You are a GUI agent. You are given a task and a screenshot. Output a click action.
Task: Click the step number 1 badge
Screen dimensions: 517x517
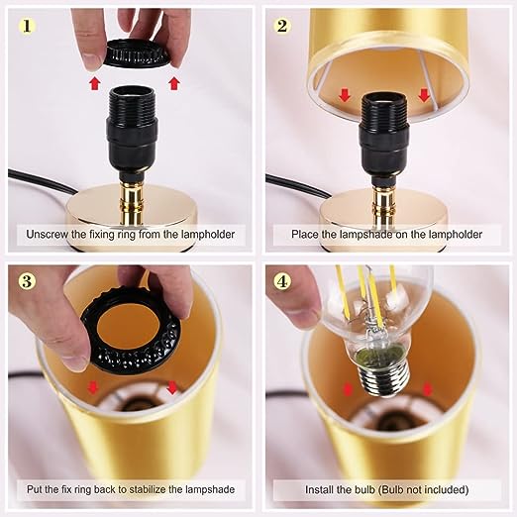point(27,26)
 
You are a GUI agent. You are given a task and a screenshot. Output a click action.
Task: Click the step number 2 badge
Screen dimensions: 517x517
point(282,26)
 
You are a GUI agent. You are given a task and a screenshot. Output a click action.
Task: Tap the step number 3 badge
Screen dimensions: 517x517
point(27,281)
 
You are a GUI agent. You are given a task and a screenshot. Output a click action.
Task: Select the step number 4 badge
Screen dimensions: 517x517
point(282,281)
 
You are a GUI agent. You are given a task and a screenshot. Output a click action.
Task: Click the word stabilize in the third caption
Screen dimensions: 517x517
point(147,489)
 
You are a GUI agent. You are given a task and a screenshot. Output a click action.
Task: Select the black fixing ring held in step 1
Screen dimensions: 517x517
point(136,53)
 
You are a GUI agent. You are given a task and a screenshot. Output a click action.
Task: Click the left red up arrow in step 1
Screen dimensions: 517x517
point(95,83)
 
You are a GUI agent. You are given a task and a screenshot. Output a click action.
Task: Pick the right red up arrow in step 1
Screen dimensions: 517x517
point(174,83)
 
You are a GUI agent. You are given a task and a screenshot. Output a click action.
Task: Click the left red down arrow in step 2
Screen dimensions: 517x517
point(345,95)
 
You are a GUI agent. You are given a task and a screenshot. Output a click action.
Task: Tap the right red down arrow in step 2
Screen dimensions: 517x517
point(424,95)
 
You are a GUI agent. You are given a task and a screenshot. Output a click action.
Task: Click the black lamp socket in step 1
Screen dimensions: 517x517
point(131,132)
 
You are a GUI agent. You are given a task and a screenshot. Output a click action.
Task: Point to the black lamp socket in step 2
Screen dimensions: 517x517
point(384,137)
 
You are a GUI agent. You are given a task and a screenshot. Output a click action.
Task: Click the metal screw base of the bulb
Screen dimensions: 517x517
point(383,378)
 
